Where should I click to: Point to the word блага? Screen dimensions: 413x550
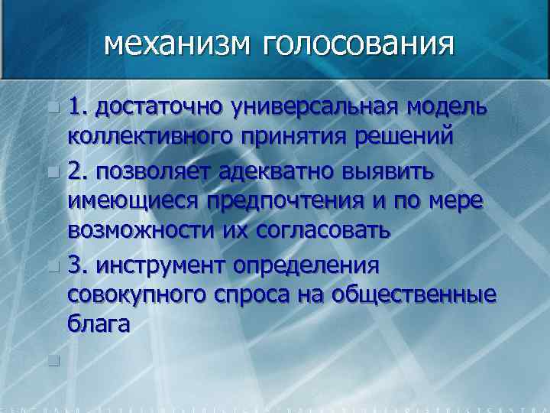pos(99,324)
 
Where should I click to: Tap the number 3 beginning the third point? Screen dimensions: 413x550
pos(74,265)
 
